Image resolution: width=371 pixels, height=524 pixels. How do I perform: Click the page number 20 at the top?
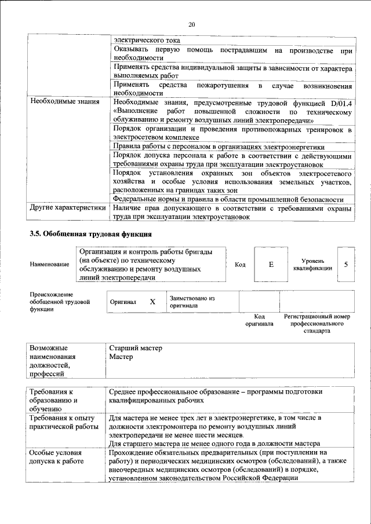pyautogui.click(x=192, y=24)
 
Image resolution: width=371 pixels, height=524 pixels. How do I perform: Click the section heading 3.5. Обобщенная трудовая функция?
pyautogui.click(x=90, y=234)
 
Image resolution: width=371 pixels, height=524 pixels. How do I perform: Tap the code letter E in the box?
pyautogui.click(x=270, y=265)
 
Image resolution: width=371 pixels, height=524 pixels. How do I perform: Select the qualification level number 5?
pyautogui.click(x=346, y=265)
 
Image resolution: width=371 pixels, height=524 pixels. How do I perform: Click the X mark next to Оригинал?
pyautogui.click(x=152, y=302)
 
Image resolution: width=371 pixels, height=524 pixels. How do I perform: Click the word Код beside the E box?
pyautogui.click(x=240, y=265)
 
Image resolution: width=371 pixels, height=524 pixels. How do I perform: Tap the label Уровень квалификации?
pyautogui.click(x=312, y=265)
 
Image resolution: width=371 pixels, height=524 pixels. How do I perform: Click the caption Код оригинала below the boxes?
pyautogui.click(x=259, y=320)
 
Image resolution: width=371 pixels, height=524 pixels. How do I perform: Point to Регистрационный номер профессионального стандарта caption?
pyautogui.click(x=317, y=324)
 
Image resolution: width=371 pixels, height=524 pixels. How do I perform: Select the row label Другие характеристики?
pyautogui.click(x=67, y=207)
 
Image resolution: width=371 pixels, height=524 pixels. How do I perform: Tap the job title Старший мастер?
pyautogui.click(x=136, y=348)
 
